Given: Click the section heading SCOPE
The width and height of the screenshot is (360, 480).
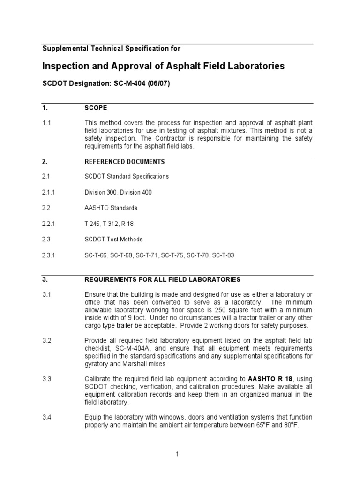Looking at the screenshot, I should (x=96, y=108).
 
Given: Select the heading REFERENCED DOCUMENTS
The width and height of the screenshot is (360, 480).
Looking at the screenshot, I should (x=124, y=162).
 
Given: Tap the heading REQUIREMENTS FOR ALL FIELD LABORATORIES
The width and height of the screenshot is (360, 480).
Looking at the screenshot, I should (x=162, y=280).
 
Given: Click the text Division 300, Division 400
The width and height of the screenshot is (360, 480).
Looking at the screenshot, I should (x=118, y=192).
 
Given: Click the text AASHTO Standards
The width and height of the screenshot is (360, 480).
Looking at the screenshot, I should (x=111, y=208).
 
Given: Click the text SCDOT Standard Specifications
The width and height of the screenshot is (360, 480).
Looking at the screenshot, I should (x=127, y=177).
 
